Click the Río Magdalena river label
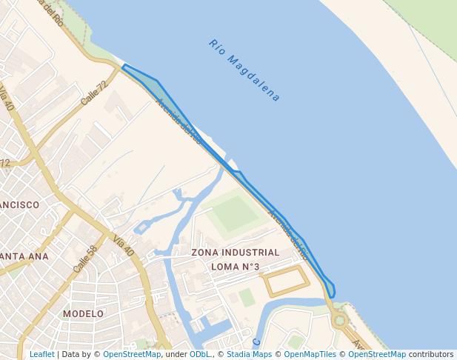pos(245,70)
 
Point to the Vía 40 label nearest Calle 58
pos(124,246)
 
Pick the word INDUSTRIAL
pos(253,253)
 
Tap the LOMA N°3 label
pos(236,267)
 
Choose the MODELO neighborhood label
pos(83,313)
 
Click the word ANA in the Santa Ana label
pos(36,256)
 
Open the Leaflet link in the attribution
pos(41,354)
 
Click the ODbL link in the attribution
pos(200,354)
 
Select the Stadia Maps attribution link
pos(249,354)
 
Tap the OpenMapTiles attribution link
pos(310,354)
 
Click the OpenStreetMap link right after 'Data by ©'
pos(132,354)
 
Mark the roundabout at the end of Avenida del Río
pos(340,321)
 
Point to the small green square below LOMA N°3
pos(247,298)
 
